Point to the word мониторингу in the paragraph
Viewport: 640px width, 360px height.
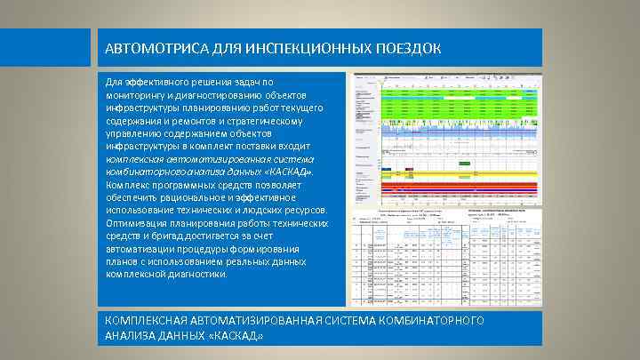point(134,94)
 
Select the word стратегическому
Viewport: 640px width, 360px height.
point(270,120)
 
